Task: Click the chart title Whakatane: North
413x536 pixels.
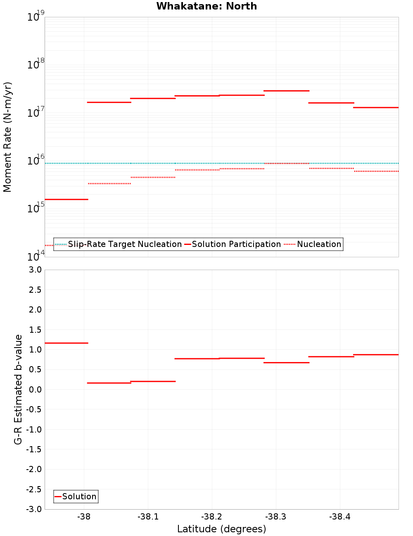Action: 206,6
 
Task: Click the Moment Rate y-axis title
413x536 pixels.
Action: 7,137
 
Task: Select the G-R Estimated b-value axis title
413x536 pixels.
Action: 18,389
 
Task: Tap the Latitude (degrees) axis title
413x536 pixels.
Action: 221,529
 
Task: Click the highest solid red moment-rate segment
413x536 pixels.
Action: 286,91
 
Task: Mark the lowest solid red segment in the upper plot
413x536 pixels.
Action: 66,200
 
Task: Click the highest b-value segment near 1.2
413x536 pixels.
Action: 66,343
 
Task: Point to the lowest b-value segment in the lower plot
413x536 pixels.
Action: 109,383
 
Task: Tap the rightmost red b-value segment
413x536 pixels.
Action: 376,355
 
